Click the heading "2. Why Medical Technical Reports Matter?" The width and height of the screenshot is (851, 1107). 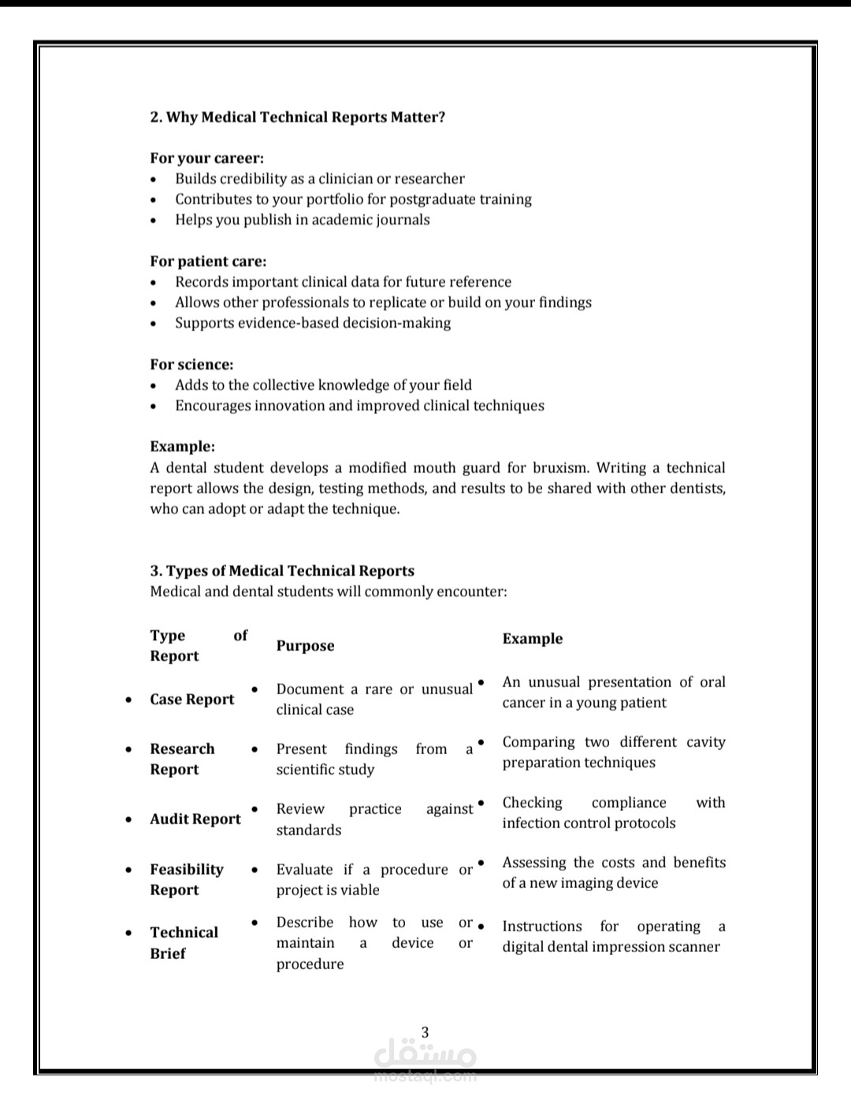297,117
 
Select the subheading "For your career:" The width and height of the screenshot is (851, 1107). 206,158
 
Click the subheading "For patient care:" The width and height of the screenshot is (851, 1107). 208,262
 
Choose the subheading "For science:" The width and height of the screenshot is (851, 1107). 191,365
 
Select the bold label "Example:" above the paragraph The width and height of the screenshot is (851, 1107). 182,447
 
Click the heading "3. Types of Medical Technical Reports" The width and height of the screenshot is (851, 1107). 282,571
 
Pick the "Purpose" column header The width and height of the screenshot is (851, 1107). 305,646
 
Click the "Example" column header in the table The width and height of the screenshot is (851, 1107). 533,639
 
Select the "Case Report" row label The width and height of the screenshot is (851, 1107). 192,700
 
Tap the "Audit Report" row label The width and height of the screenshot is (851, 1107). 195,819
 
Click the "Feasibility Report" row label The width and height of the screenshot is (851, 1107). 187,879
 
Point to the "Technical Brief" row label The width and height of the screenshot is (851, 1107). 184,942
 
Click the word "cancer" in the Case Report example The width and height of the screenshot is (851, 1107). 525,703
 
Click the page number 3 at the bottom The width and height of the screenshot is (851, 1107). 425,1032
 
